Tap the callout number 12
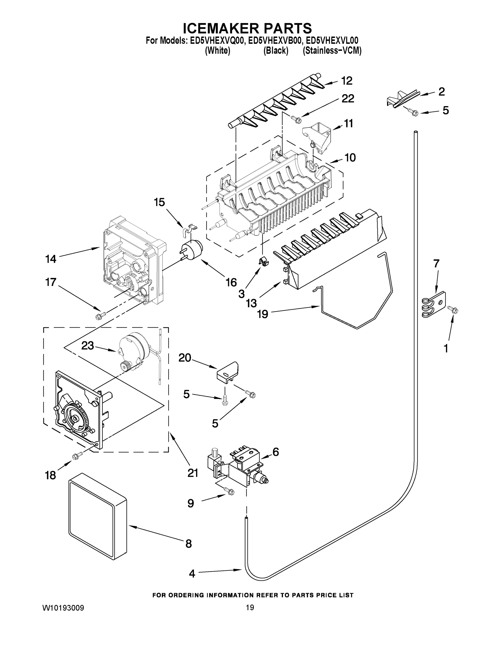347,81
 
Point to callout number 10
350,158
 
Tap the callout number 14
51,259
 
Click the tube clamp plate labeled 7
433,305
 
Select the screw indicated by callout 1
453,310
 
